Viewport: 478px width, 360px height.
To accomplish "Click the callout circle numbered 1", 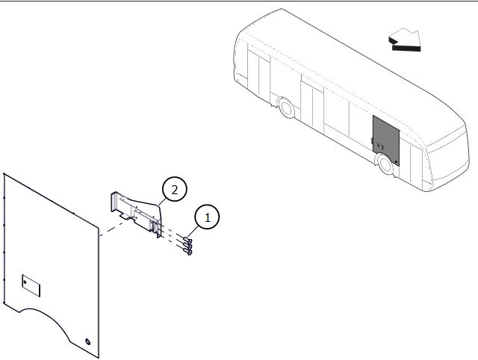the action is (x=207, y=217).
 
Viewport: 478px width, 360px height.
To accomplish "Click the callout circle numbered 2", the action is (x=174, y=189).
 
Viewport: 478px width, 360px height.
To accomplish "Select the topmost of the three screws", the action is (x=187, y=240).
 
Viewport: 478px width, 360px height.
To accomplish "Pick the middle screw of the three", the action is (x=187, y=245).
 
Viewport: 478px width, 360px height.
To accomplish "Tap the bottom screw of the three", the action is (x=187, y=251).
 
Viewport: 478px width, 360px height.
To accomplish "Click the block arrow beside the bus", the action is (x=406, y=41).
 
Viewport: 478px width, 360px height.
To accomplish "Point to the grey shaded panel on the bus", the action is (x=386, y=139).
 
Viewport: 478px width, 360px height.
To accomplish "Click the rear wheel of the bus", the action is (x=286, y=108).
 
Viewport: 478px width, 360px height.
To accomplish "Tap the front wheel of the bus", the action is (x=385, y=164).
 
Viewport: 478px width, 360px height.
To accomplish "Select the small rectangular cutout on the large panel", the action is (x=31, y=285).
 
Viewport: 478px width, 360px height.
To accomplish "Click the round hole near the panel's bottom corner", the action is (x=88, y=341).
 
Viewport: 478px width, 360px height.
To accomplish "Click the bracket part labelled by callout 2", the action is (x=136, y=214).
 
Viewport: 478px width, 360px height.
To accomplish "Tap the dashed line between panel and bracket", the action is (x=112, y=229).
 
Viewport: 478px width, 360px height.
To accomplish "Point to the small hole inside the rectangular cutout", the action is (x=25, y=282).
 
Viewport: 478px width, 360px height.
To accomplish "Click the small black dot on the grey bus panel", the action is (x=396, y=161).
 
